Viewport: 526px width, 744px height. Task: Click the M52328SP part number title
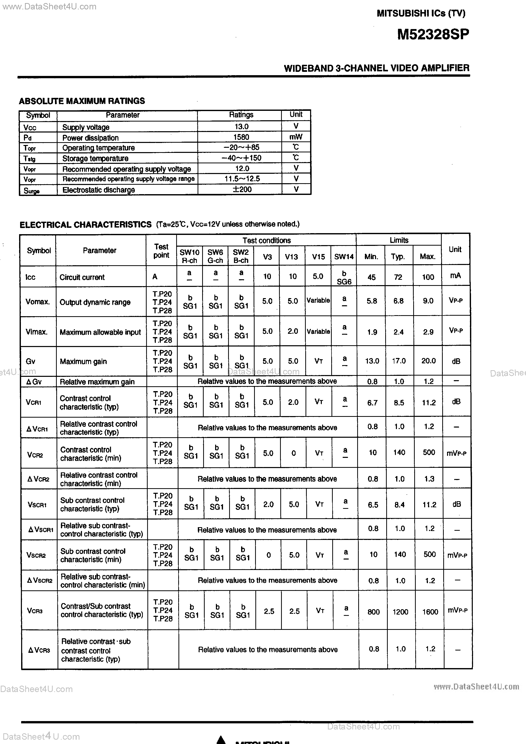(433, 34)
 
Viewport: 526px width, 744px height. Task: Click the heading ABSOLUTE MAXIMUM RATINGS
(82, 101)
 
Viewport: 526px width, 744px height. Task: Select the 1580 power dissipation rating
(241, 137)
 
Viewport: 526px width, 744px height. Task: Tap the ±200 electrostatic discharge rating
(242, 189)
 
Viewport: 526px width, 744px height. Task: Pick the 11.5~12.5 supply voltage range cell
(242, 179)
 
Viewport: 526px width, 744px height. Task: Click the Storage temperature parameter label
(95, 158)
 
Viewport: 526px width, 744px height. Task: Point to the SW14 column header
(344, 257)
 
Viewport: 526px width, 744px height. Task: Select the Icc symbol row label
(31, 277)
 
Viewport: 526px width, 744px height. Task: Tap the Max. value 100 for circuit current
(428, 277)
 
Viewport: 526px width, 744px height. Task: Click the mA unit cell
(455, 276)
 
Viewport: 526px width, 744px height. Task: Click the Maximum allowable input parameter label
(100, 332)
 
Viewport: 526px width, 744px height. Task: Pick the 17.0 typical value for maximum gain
(399, 361)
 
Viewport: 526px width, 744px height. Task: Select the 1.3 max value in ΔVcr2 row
(429, 479)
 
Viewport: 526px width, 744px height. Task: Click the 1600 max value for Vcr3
(430, 612)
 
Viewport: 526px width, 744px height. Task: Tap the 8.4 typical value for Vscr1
(399, 504)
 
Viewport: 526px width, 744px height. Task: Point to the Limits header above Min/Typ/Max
(399, 240)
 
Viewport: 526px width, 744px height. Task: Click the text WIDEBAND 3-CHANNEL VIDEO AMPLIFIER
(376, 68)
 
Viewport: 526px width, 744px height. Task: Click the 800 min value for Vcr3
(373, 612)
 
